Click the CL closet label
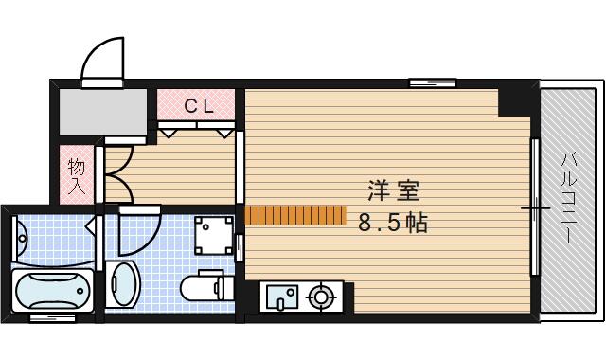pos(199,106)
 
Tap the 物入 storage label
pos(76,176)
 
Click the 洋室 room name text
pos(394,190)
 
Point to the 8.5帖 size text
pos(393,223)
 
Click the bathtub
pos(53,291)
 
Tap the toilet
pos(207,286)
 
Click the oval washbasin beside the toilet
pos(123,284)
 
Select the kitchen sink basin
pos(284,297)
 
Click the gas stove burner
pos(320,297)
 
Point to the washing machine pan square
pos(214,236)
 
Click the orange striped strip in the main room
pos(295,215)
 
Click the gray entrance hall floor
pos(103,112)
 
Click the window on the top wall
pos(433,82)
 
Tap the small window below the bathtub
pos(53,318)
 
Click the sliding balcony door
pos(535,207)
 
